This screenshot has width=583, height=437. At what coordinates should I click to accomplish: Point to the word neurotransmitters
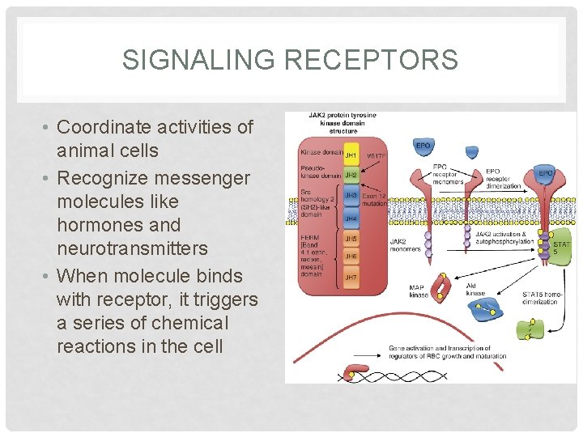coord(132,248)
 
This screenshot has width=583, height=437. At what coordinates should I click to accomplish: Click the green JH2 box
coord(351,174)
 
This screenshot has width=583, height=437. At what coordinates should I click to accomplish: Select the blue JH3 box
coord(351,196)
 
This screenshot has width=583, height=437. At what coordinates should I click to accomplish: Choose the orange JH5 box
coord(351,239)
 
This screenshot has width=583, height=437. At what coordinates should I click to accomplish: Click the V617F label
coord(377,155)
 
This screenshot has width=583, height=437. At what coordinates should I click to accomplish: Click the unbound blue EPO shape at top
coord(422,146)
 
